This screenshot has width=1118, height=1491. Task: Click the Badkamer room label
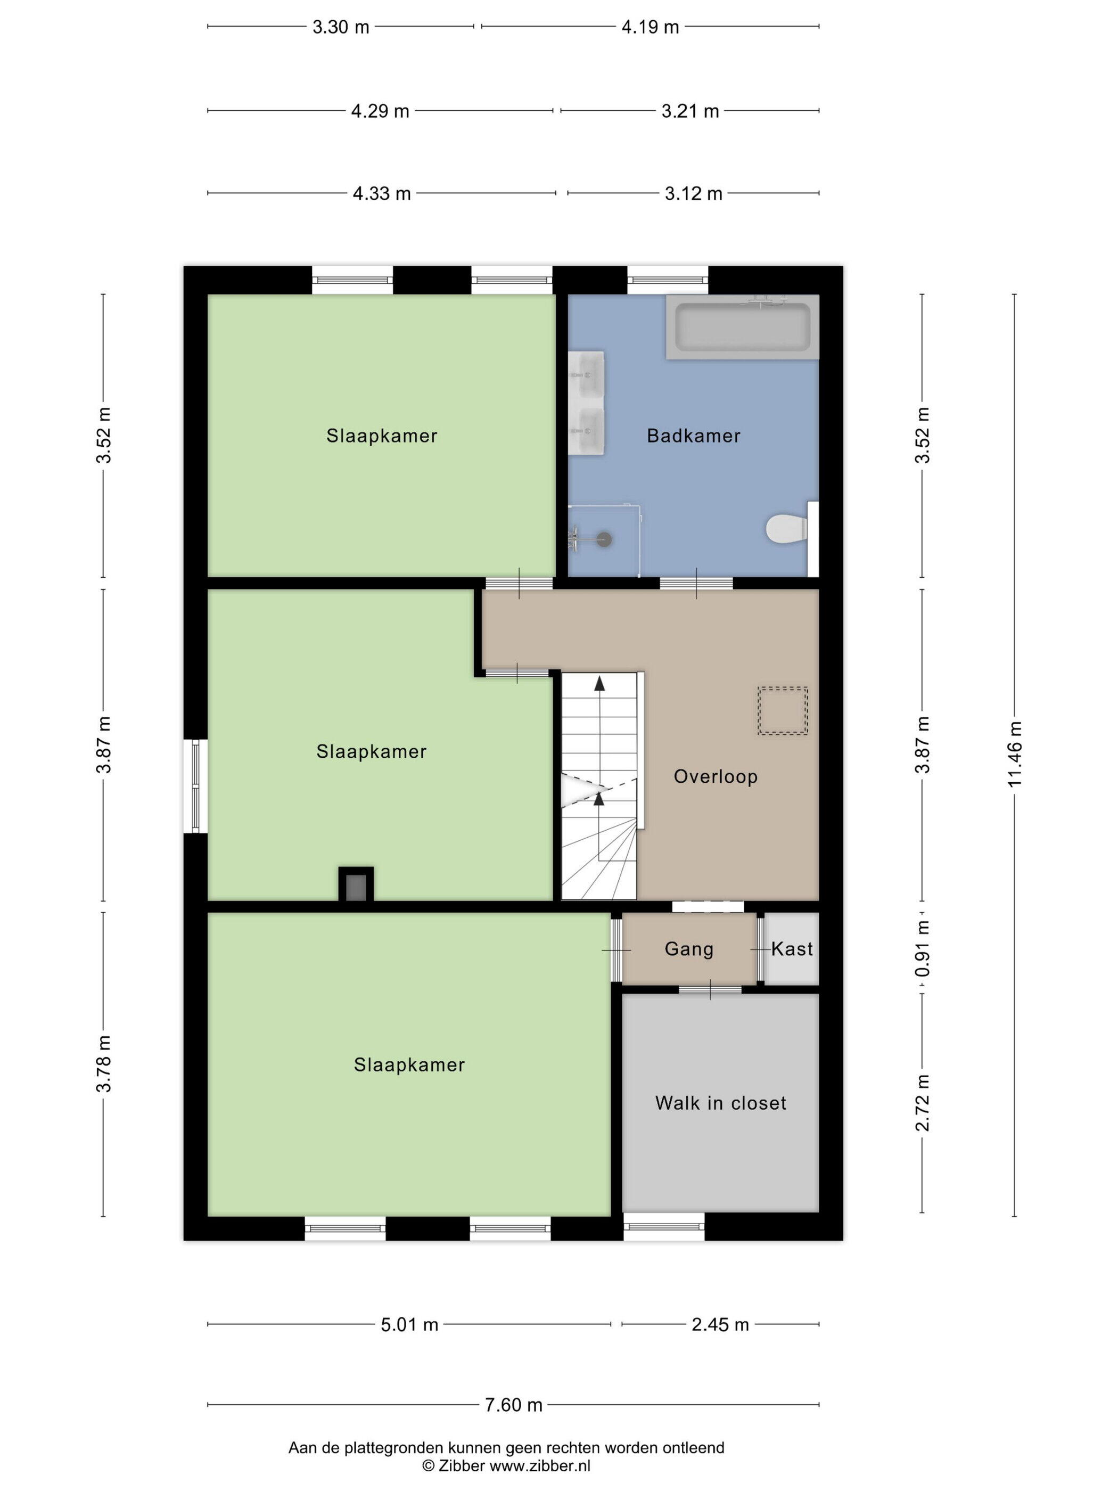click(694, 436)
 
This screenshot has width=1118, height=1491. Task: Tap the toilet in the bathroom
click(786, 528)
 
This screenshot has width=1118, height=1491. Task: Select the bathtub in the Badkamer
click(742, 327)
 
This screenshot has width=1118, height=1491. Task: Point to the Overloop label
click(716, 776)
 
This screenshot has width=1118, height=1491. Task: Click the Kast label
click(792, 949)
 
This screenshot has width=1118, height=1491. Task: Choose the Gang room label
click(689, 949)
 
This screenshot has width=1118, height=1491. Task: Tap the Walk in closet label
click(720, 1103)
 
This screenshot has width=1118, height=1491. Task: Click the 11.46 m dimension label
click(1015, 753)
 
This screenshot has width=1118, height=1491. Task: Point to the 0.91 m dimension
click(923, 948)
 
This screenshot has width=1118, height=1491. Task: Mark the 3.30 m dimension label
click(341, 27)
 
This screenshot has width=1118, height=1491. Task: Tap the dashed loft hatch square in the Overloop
click(783, 710)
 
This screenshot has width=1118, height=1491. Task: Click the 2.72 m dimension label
click(923, 1103)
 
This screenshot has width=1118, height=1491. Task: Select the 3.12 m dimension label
click(694, 194)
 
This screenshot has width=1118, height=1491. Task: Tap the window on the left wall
click(195, 787)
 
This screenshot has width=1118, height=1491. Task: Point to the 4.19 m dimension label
click(650, 27)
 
